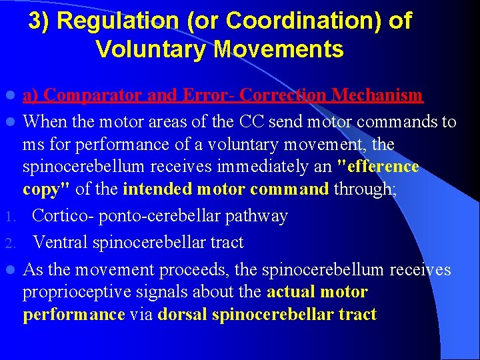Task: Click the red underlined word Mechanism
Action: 377,95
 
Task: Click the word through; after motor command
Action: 365,189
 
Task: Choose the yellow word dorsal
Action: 182,315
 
